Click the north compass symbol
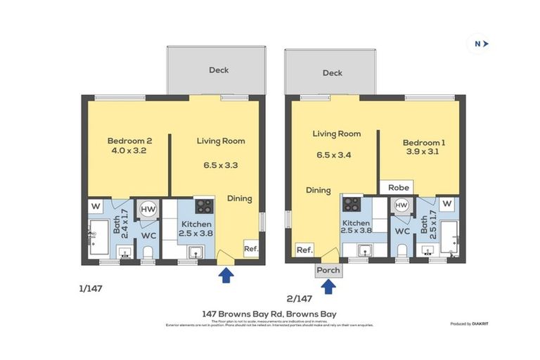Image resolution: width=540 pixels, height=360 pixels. pos(480,44)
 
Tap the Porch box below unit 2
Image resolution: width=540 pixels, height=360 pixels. pos(328,270)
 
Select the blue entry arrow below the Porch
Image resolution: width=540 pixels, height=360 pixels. pos(328,286)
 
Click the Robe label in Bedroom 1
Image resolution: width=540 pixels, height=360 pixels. pos(394,188)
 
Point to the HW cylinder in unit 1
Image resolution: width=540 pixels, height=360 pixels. pos(148,209)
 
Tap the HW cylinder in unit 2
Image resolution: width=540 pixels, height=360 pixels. pos(401,205)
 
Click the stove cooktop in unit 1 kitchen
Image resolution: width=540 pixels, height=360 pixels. pos(204,206)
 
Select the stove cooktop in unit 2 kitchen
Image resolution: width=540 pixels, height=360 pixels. pos(352,205)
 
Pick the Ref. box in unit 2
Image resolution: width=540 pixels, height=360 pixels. pos(304,250)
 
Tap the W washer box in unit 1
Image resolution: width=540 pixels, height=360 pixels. pos(94,206)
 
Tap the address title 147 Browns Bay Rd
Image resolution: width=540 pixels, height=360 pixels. pos(269,314)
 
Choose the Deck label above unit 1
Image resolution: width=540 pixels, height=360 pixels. pos(219,70)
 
